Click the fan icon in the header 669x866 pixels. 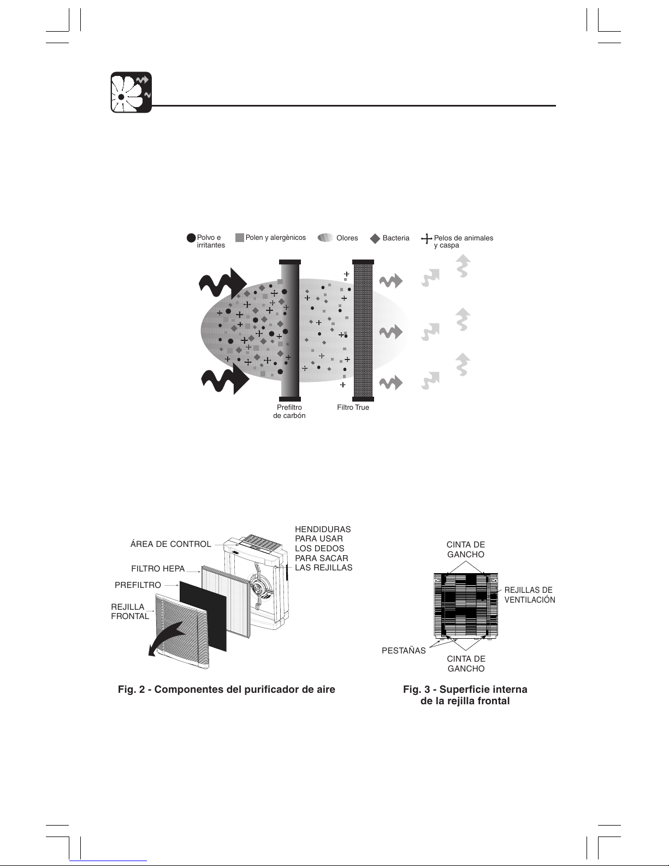131,92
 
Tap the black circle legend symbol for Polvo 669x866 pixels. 191,238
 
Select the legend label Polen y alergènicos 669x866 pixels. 276,238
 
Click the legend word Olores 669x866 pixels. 347,238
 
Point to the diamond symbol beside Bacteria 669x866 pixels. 375,238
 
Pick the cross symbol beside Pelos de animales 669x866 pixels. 427,239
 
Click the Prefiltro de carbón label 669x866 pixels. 289,411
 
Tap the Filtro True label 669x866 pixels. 353,407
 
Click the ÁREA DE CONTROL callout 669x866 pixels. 171,544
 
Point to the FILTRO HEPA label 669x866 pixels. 158,569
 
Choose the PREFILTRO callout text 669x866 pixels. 138,585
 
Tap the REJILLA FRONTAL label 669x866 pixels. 130,611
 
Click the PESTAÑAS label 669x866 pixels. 404,650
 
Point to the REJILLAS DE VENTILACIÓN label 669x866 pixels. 530,594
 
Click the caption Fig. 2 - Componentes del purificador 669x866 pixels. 227,690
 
